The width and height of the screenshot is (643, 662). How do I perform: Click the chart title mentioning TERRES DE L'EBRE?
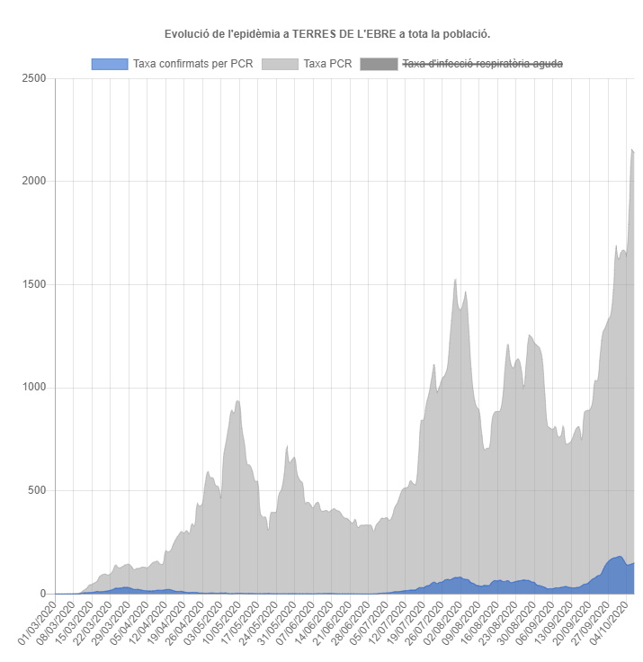[x=327, y=34]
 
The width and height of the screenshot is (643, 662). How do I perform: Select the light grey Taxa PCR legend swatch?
[x=280, y=64]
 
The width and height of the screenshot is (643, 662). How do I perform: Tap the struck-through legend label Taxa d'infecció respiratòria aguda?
[x=483, y=64]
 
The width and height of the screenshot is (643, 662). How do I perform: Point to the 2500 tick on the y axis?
[x=34, y=78]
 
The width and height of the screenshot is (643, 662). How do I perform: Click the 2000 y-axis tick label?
[x=34, y=182]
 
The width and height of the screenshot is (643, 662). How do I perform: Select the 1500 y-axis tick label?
[x=34, y=284]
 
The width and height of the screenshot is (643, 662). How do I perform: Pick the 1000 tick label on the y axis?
[x=34, y=388]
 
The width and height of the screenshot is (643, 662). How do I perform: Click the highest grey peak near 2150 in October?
[x=632, y=150]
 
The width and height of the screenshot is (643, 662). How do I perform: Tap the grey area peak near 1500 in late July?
[x=455, y=280]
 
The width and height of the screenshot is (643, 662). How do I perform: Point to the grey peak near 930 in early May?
[x=237, y=401]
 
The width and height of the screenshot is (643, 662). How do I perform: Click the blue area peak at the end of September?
[x=619, y=557]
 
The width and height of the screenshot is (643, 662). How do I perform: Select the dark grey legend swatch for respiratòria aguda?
[x=378, y=64]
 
